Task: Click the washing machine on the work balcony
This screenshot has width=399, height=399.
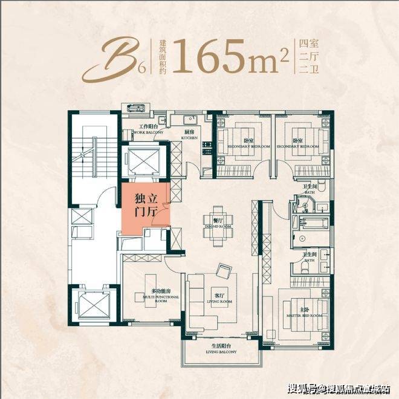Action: point(134,109)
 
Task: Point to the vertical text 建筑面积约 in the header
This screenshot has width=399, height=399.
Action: point(163,56)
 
